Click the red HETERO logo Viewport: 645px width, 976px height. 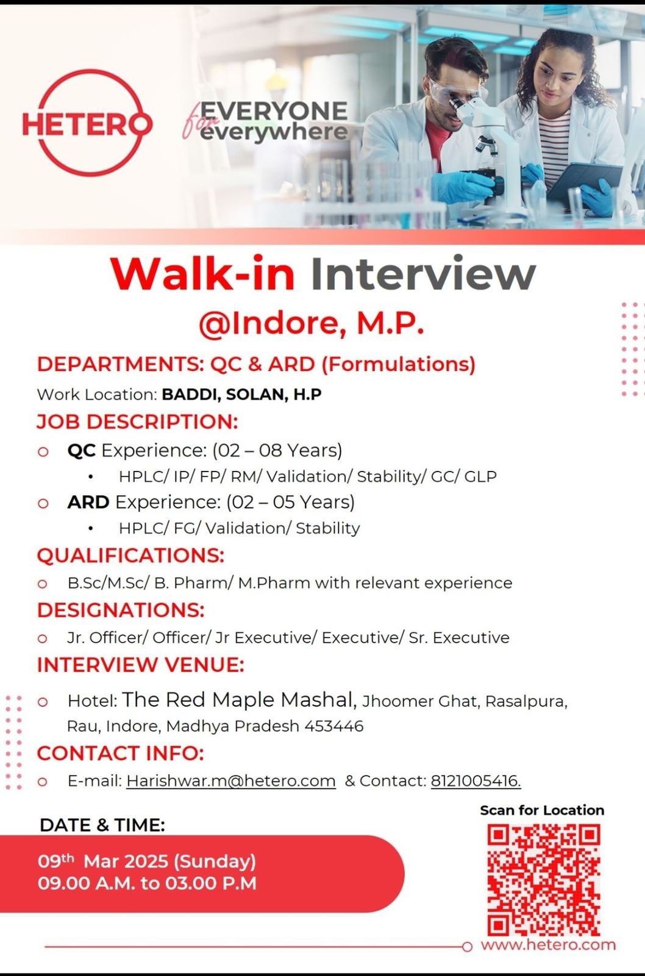tap(87, 123)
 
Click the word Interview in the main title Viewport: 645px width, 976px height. tap(423, 274)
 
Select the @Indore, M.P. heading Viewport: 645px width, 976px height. tap(312, 324)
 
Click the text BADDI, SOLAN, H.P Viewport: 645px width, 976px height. tap(241, 394)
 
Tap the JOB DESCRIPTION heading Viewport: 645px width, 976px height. tap(138, 422)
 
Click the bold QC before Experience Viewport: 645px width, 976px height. tap(82, 451)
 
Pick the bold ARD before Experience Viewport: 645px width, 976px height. tap(88, 502)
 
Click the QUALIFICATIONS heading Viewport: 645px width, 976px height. tap(130, 556)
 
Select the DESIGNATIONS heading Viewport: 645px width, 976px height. tap(121, 610)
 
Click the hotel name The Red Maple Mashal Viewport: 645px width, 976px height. tap(239, 700)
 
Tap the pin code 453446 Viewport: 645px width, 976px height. tap(334, 727)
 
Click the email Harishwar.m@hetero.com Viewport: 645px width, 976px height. tap(231, 781)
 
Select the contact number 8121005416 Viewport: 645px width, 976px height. tap(476, 781)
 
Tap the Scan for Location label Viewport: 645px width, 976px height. tap(542, 811)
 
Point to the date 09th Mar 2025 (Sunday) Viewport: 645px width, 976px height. tap(147, 861)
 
